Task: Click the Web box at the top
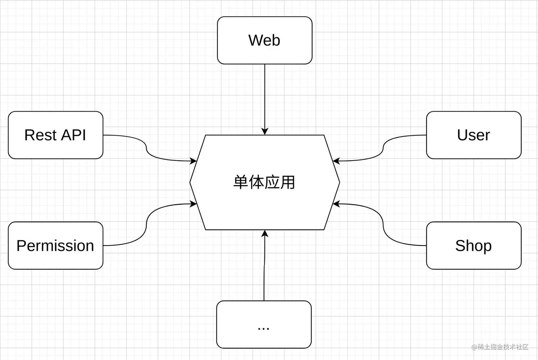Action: coord(264,40)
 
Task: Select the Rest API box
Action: coord(56,135)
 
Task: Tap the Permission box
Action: coord(56,245)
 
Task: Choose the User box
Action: coord(474,135)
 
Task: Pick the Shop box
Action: coord(474,245)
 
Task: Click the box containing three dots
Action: coord(264,324)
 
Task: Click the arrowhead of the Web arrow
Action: coord(264,131)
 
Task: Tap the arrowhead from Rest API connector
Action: coord(193,161)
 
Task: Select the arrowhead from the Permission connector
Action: coord(193,204)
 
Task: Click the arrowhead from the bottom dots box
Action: coord(264,234)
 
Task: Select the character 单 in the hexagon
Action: coord(241,182)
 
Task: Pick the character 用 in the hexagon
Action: coord(288,182)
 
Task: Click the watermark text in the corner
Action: coord(500,347)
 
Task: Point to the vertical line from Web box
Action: coord(264,96)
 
